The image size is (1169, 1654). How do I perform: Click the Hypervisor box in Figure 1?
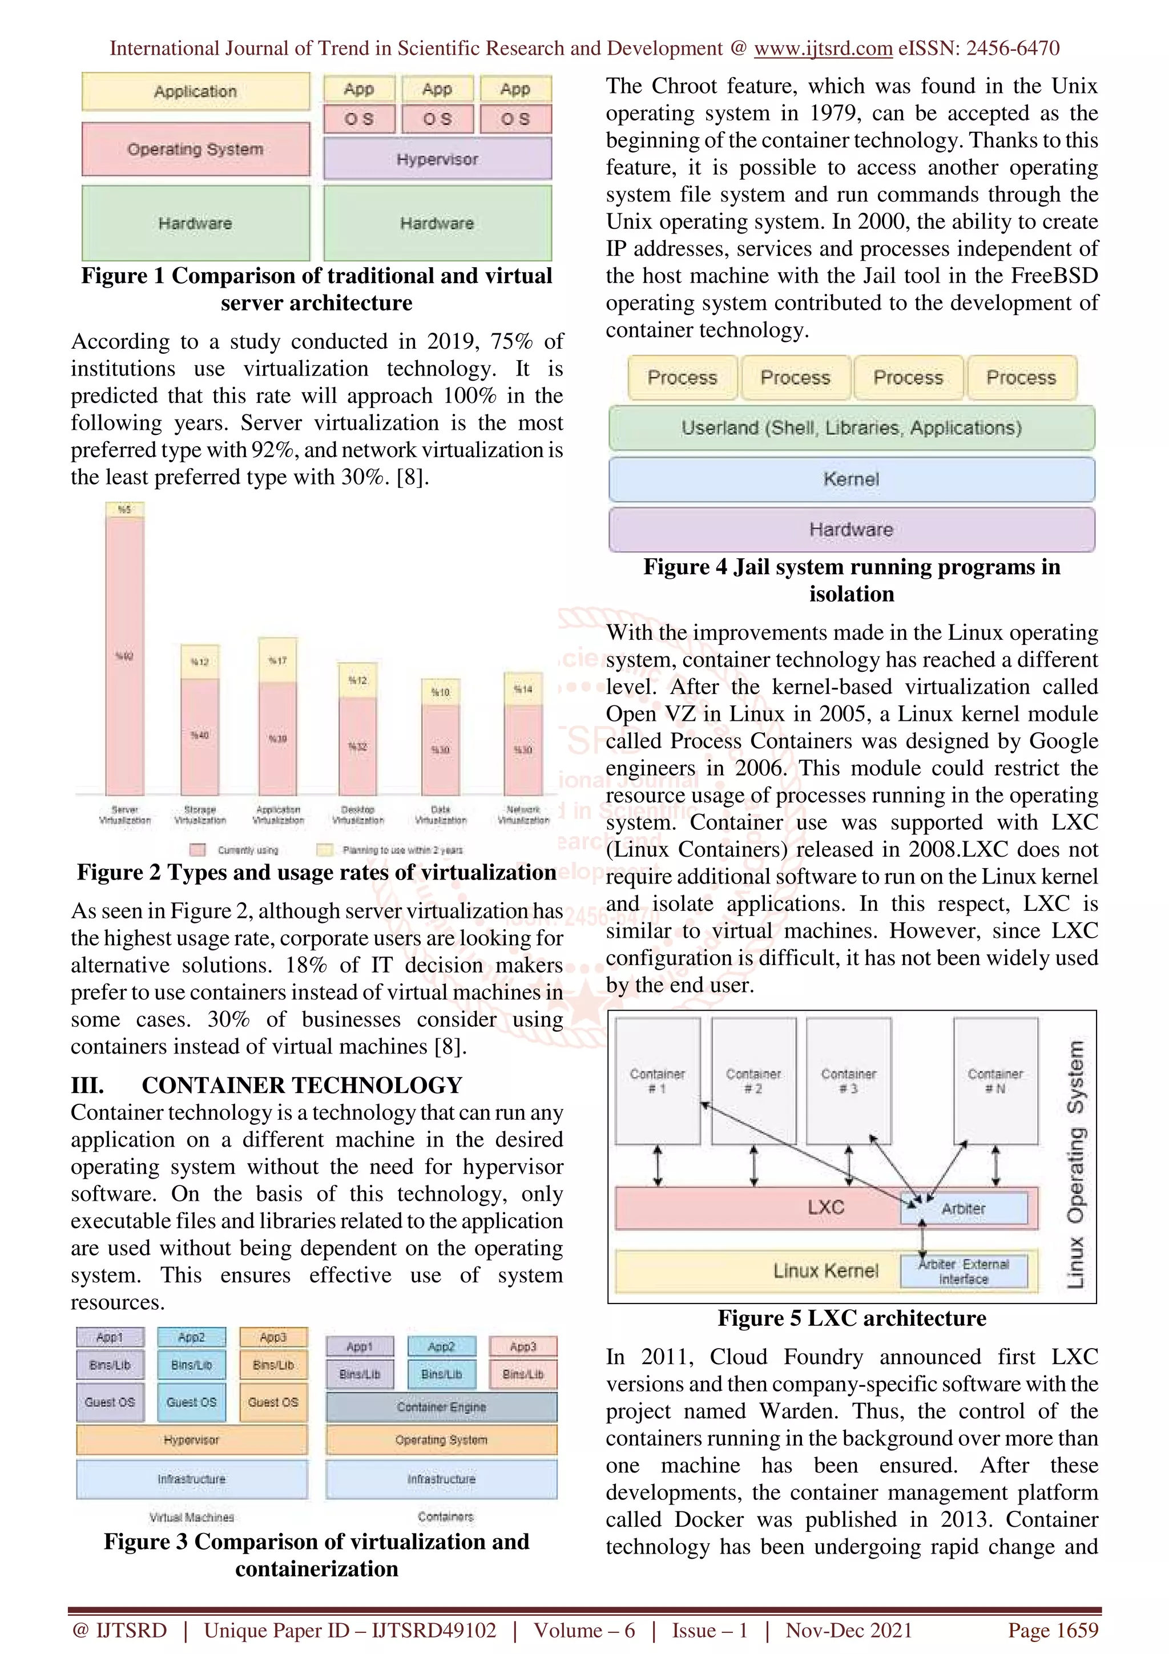[x=437, y=159]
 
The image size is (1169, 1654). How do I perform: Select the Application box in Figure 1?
[x=195, y=91]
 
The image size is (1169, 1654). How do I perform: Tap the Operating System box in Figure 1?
[x=195, y=149]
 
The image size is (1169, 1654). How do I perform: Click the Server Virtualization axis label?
[x=124, y=815]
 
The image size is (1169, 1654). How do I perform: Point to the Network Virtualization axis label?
[x=523, y=815]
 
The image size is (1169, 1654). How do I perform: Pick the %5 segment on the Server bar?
[x=124, y=509]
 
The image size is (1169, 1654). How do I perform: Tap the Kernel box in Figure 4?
[x=852, y=479]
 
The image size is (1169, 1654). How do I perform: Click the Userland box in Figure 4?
[x=852, y=428]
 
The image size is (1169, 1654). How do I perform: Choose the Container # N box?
[x=995, y=1080]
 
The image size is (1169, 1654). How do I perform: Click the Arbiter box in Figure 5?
[x=964, y=1208]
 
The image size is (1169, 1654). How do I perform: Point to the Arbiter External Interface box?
[x=964, y=1272]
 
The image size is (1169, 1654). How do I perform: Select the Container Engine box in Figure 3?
[x=442, y=1406]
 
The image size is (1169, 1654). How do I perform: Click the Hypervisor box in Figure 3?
[x=192, y=1439]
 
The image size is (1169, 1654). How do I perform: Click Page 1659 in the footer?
[x=1053, y=1630]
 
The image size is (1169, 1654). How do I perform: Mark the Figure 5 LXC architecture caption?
[x=852, y=1318]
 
